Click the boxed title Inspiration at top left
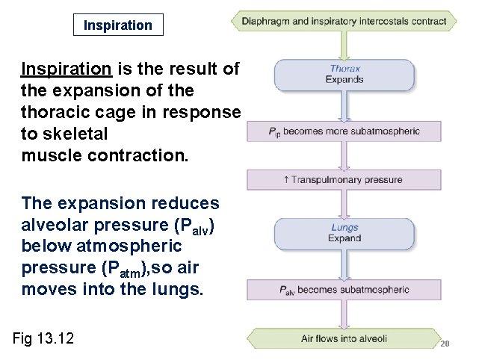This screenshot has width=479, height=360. [x=117, y=25]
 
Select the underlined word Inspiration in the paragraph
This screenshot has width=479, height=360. [x=67, y=69]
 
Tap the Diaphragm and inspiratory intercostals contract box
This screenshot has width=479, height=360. [x=344, y=22]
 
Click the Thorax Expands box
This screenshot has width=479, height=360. [x=344, y=74]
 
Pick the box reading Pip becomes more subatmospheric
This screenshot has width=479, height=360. [x=344, y=131]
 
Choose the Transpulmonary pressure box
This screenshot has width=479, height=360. [x=344, y=179]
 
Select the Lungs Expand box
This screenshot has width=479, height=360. [x=344, y=233]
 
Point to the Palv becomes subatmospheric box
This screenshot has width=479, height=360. [x=344, y=290]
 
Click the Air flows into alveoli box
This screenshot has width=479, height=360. [x=344, y=338]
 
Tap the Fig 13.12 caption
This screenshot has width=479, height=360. [x=43, y=338]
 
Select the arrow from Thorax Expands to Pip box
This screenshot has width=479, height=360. [x=344, y=108]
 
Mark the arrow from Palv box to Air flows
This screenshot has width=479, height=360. [x=344, y=314]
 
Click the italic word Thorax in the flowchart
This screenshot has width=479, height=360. [x=344, y=69]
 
